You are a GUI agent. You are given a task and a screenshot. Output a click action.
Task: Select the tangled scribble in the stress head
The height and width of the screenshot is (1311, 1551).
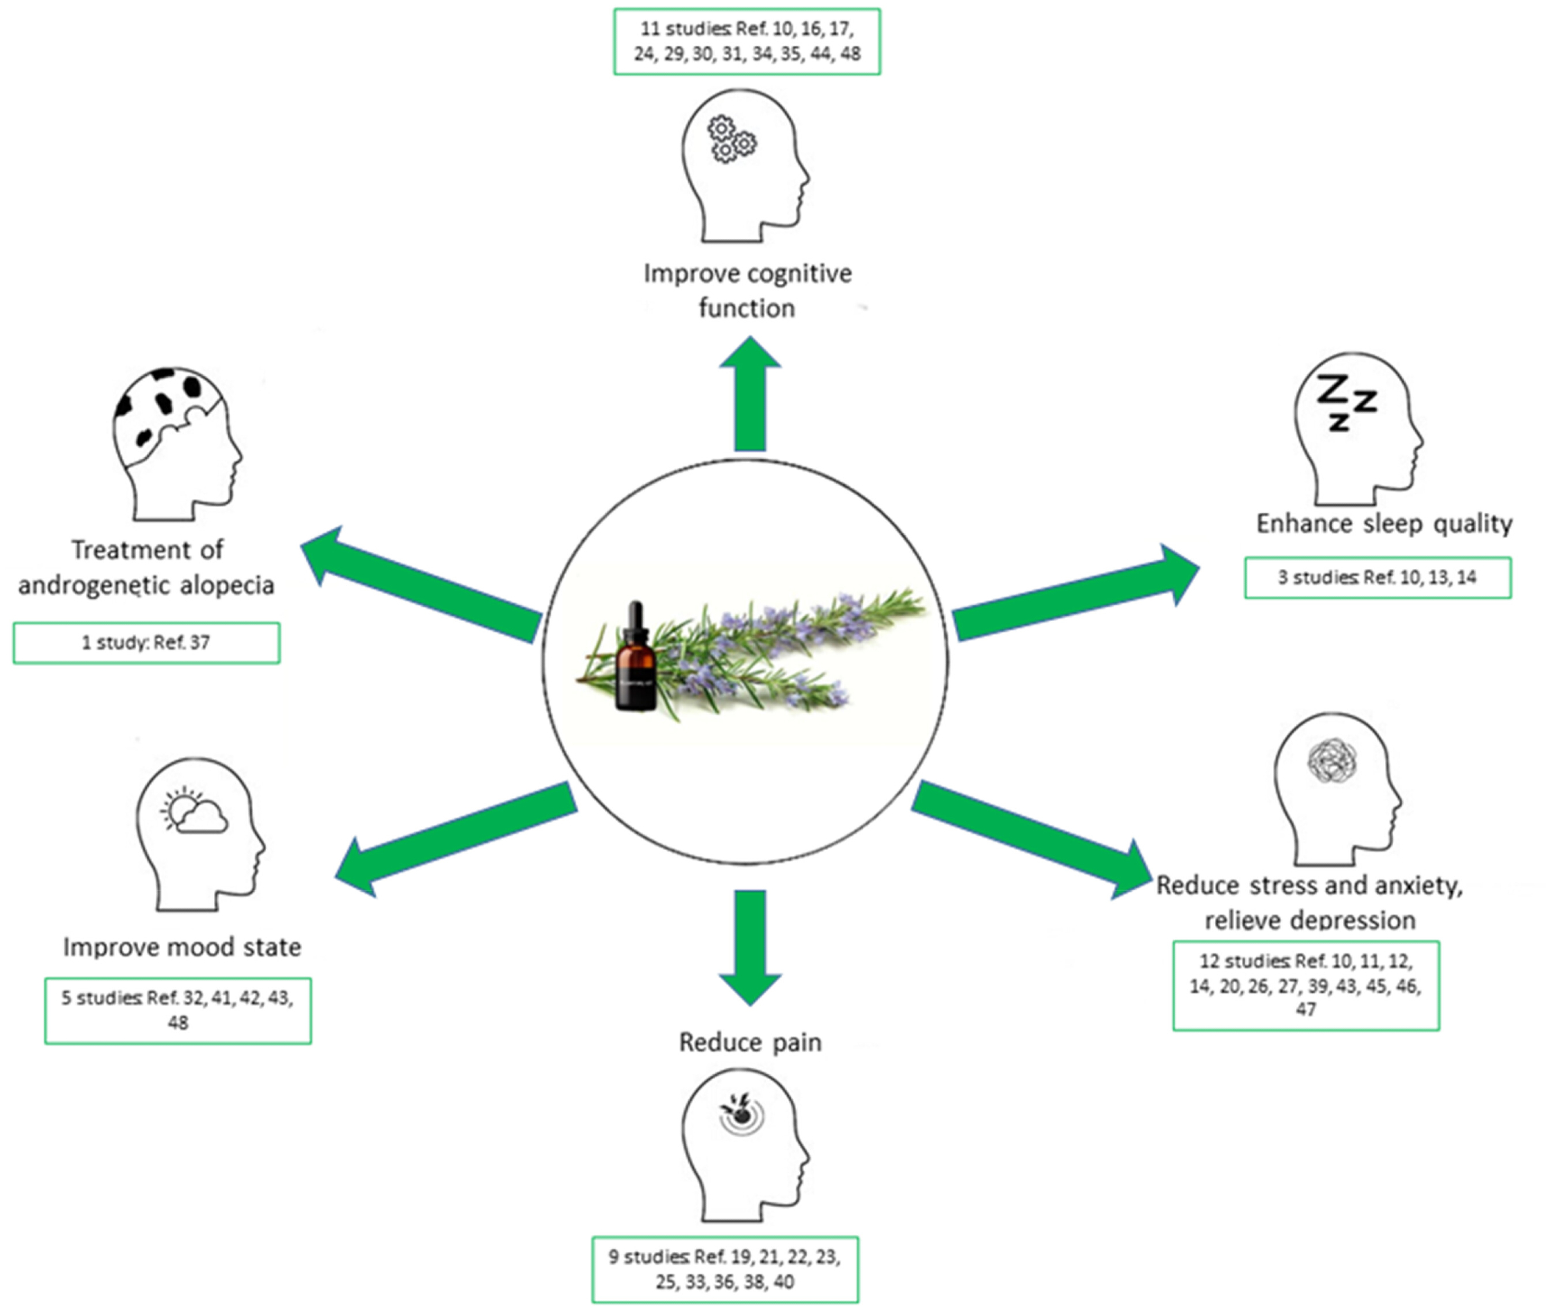[1331, 760]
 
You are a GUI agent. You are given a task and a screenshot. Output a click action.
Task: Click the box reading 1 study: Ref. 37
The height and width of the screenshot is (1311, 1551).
[147, 643]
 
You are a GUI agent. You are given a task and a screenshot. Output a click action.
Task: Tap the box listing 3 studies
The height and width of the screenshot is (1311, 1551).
[1377, 577]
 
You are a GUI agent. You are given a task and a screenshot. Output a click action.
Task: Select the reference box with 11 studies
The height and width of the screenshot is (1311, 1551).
[747, 42]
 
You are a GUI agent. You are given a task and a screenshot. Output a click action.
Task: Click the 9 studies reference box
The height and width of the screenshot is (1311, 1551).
[725, 1268]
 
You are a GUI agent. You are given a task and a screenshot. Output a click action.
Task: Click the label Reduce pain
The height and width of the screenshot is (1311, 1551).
[750, 1042]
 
